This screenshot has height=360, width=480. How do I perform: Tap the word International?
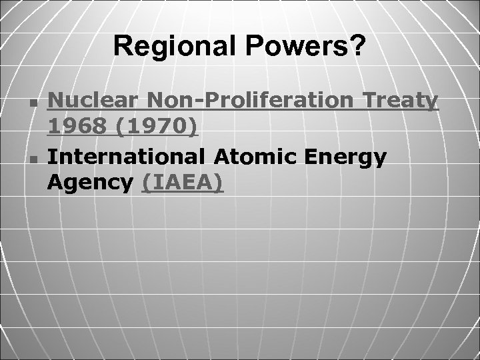129,157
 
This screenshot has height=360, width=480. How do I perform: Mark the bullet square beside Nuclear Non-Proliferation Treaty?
33,103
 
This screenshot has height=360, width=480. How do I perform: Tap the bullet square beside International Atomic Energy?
33,159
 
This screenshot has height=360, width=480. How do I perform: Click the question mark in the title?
359,46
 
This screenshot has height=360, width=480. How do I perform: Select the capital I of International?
53,157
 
